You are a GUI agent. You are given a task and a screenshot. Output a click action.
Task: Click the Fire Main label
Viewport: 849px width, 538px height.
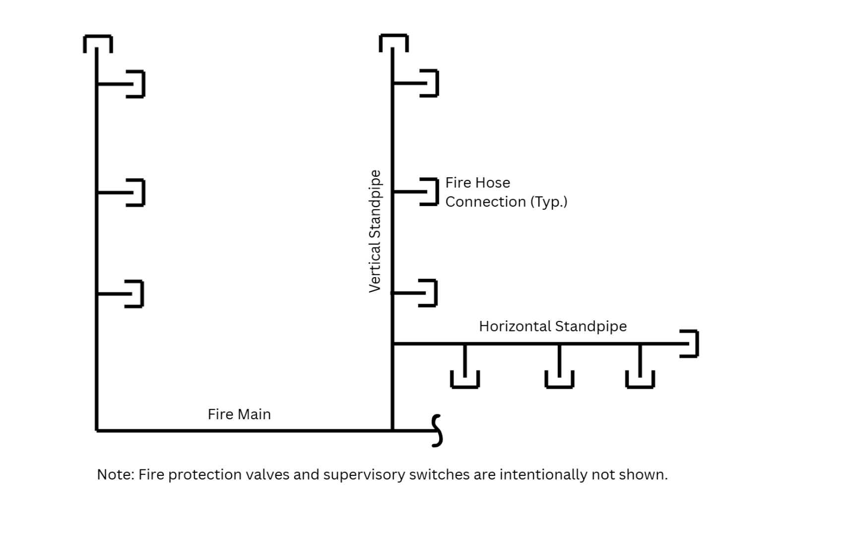[239, 414]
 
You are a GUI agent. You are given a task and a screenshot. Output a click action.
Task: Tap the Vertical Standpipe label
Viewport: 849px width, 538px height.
[375, 231]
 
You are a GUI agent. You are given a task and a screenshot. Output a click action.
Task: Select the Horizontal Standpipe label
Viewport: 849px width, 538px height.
[553, 326]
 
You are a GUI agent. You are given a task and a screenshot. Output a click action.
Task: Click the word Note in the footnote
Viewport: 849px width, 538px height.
[114, 475]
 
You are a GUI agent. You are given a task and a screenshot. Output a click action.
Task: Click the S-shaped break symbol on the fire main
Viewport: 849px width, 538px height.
[437, 431]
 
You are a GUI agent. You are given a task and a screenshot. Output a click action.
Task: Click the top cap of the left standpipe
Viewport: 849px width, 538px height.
[98, 43]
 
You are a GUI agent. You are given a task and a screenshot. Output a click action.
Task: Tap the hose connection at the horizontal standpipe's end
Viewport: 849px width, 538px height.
[690, 343]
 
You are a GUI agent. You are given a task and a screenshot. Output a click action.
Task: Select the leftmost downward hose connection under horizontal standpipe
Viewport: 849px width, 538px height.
[465, 379]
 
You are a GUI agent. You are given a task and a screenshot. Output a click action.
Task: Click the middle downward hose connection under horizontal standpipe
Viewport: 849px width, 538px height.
[559, 379]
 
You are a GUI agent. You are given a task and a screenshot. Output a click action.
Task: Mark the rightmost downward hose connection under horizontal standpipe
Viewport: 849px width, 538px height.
[640, 379]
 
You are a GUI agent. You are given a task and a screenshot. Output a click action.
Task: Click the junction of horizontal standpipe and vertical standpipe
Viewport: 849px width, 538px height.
[393, 343]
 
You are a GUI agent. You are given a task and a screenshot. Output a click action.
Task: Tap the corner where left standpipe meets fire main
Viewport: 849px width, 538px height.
[97, 430]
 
